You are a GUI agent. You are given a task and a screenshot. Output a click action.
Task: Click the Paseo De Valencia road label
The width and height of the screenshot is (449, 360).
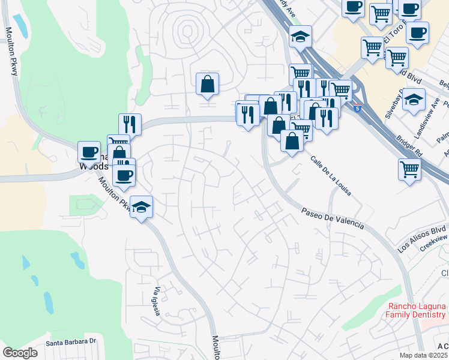coord(333,218)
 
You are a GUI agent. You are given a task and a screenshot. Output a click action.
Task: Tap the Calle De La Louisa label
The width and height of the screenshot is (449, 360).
coord(331,175)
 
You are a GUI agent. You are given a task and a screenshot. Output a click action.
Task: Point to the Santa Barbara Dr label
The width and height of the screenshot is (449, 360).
coord(71,341)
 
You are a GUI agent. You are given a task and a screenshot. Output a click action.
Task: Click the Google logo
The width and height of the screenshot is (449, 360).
coord(20,353)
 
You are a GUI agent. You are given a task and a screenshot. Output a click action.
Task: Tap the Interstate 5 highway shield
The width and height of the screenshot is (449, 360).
coord(357,109)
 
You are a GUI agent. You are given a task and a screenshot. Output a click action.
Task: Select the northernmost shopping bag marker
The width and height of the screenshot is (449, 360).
coord(207,84)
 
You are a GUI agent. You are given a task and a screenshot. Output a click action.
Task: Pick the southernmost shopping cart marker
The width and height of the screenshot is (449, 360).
coord(409,169)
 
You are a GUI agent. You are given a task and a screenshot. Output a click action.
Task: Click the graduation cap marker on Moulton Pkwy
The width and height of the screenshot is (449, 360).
coord(141,207)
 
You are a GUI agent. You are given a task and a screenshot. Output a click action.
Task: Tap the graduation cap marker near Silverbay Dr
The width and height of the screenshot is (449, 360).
coord(413,100)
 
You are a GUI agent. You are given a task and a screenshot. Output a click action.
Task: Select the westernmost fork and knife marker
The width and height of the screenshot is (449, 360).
coord(130,124)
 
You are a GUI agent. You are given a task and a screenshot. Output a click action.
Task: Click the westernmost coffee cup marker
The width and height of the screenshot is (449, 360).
coord(89,152)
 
